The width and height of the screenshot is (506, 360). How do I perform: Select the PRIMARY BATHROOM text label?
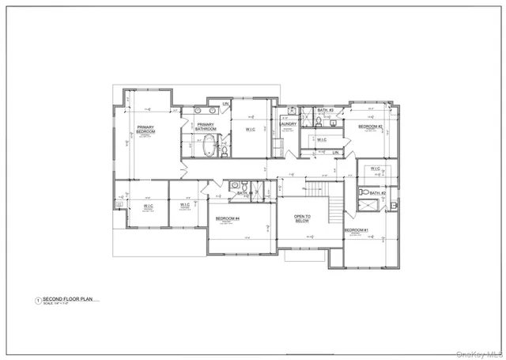206,127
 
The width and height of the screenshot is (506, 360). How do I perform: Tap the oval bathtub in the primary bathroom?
210,146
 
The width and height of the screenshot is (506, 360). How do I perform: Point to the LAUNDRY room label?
287,123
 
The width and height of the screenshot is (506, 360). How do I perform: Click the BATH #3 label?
326,110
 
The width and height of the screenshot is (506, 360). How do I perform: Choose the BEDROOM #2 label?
370,127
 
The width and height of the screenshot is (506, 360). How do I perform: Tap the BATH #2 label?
377,193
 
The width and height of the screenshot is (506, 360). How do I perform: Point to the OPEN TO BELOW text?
302,219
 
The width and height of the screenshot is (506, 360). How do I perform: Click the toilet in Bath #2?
364,192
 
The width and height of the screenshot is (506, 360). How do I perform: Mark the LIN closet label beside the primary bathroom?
225,104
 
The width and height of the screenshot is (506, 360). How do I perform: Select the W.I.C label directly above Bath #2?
374,169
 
